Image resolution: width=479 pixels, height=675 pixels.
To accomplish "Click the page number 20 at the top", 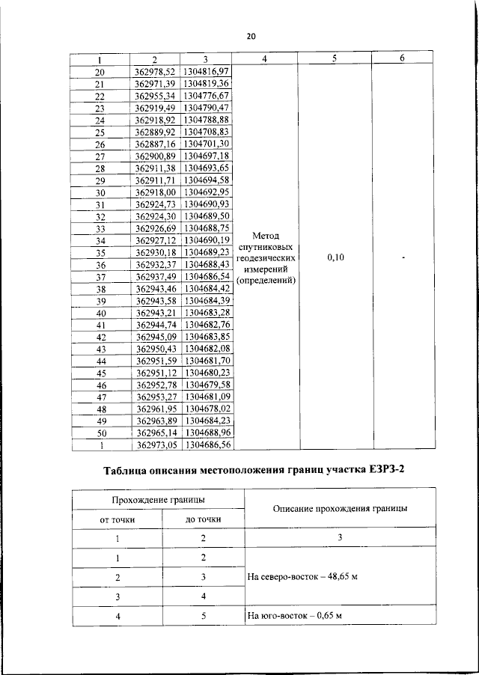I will tap(251, 35).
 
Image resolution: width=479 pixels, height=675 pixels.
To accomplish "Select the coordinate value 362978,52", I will tap(154, 72).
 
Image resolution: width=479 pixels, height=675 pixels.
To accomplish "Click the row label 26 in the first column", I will tap(100, 144).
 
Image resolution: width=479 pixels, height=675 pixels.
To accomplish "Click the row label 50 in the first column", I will tap(100, 432).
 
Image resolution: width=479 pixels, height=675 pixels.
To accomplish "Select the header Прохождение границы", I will tap(159, 499).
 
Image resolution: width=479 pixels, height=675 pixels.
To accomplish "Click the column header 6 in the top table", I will tap(402, 58).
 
